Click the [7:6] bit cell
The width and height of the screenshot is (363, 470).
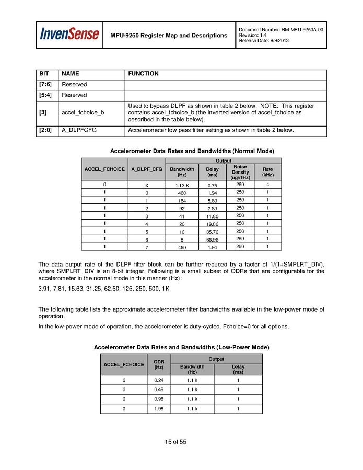[45, 84]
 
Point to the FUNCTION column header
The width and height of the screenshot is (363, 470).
[143, 74]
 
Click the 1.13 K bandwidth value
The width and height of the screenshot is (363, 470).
[182, 185]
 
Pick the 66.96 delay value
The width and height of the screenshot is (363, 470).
[212, 239]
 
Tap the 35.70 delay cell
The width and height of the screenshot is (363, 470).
[212, 231]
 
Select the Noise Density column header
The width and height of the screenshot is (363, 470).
[240, 172]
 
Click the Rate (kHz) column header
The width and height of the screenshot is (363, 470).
[267, 172]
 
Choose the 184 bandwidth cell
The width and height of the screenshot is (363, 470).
[182, 200]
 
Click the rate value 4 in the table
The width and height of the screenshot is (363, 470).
[267, 185]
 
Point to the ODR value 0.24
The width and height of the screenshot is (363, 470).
[159, 380]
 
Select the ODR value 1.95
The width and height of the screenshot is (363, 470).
[159, 409]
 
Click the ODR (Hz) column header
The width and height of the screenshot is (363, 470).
[159, 364]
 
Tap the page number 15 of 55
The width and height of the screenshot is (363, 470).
[175, 442]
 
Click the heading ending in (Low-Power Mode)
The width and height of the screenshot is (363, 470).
[181, 347]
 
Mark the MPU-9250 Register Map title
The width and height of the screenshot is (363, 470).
[169, 36]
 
